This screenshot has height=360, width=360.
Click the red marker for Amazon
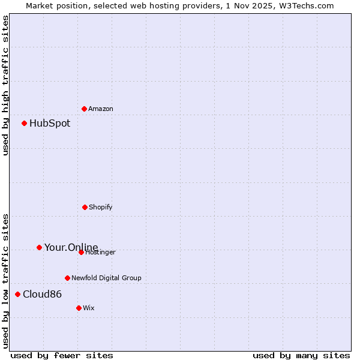tap(84, 109)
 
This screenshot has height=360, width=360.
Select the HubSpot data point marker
tap(25, 123)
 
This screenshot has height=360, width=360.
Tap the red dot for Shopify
tap(85, 207)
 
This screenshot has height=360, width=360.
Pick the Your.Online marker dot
tap(39, 247)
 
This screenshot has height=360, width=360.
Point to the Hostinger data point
tap(81, 252)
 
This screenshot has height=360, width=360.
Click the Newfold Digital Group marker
tap(67, 278)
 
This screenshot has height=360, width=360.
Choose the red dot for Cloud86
tap(18, 294)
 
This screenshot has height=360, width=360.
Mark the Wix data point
tap(79, 308)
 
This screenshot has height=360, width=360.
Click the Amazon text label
tap(101, 109)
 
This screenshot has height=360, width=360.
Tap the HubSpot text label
tap(50, 123)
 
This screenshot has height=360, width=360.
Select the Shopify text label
tap(101, 207)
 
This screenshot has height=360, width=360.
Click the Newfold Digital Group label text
tap(106, 278)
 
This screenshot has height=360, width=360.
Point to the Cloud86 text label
tap(42, 294)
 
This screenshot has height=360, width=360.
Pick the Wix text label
tap(89, 308)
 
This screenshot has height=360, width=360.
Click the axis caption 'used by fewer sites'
tap(62, 355)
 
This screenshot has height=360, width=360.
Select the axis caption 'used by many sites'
tap(301, 355)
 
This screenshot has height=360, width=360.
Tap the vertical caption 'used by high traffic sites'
tap(5, 85)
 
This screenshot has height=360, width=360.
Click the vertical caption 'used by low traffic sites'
tap(5, 280)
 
